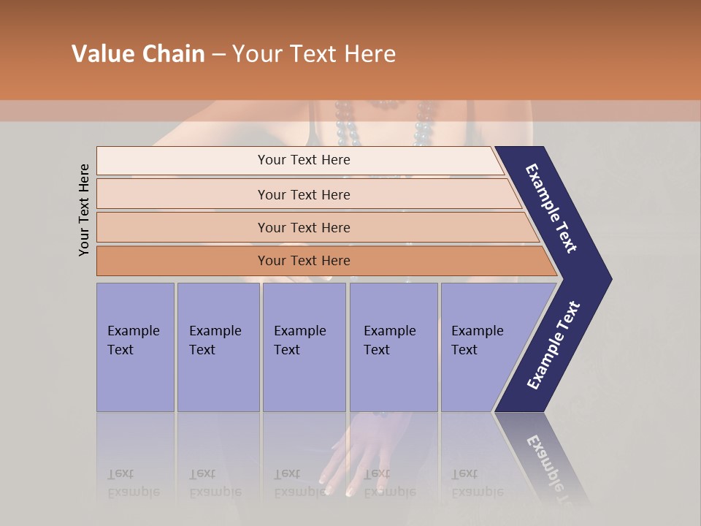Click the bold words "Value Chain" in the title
138,54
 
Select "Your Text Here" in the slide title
314,54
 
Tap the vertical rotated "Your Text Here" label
85,210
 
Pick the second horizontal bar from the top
304,194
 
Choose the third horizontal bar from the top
304,227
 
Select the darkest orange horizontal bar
304,261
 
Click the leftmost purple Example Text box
135,347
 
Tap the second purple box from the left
218,347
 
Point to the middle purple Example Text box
304,347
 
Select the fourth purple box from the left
393,347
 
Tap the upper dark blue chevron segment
552,209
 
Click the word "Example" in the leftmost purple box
133,331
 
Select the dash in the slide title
218,55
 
